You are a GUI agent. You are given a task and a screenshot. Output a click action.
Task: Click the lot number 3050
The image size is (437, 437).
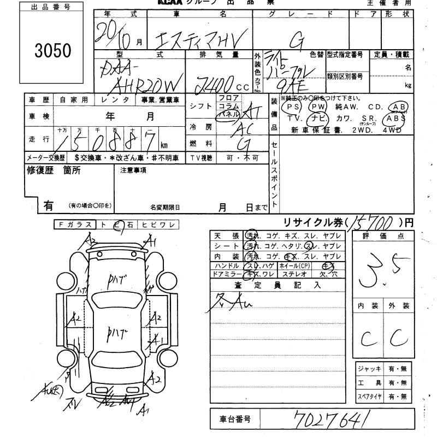(53, 50)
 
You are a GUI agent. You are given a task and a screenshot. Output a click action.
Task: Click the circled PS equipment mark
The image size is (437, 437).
(294, 107)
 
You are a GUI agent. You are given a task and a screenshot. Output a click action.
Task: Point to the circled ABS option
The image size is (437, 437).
(394, 118)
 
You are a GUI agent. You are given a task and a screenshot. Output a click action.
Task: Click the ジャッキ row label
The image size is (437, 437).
(369, 369)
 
